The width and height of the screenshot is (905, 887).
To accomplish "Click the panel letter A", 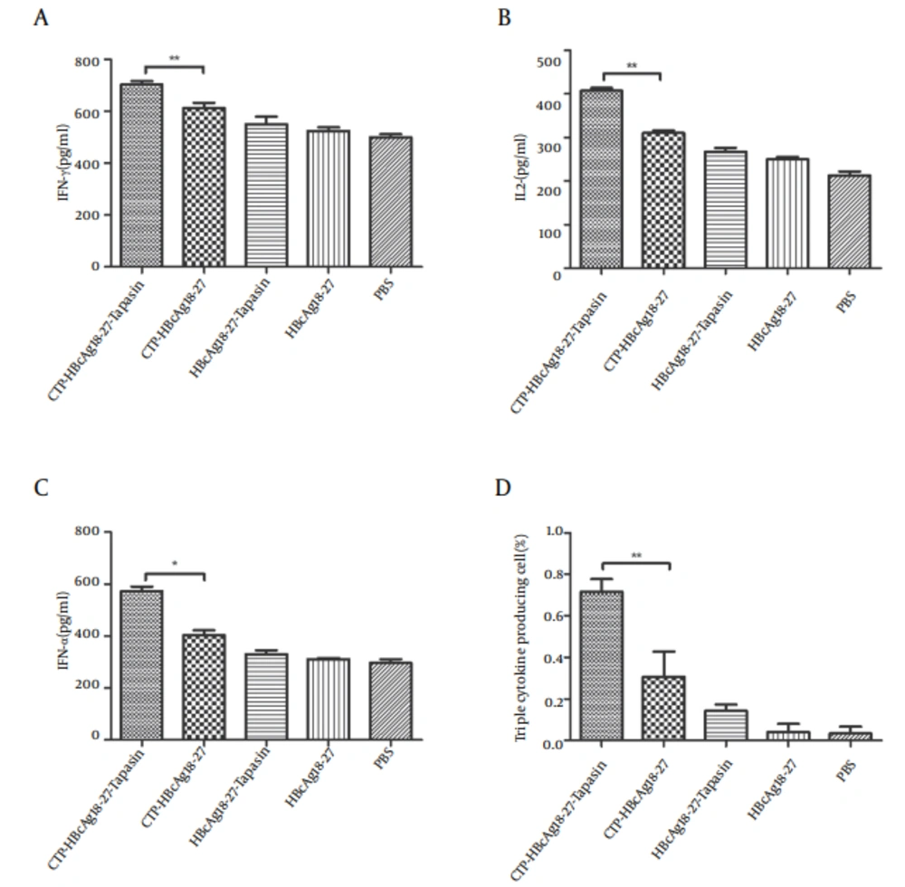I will coord(40,19).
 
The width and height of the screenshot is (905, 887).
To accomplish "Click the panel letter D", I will coord(502,489).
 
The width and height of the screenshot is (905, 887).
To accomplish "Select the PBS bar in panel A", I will coord(390,201).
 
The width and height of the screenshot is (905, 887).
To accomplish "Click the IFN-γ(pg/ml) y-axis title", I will coord(64,163).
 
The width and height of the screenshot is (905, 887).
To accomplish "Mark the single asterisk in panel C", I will coord(175,565).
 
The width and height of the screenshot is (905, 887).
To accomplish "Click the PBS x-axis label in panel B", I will coord(845,299).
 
